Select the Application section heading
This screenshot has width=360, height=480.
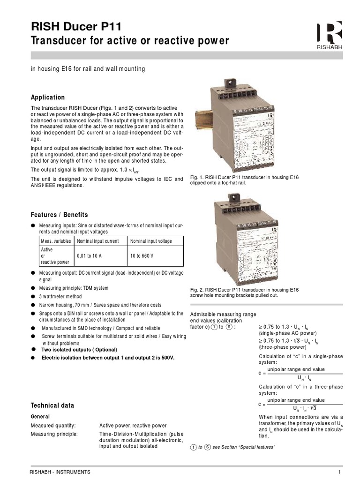tap(48, 97)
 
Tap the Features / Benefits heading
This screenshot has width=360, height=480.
tap(59, 215)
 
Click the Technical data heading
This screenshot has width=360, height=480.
tap(52, 405)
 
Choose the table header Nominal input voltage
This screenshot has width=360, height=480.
tap(151, 241)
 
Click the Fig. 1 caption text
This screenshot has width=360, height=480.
tap(244, 180)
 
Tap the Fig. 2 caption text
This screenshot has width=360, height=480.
tap(244, 293)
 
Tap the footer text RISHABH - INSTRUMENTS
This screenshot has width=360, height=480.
tap(60, 472)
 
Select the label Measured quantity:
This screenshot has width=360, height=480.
tap(53, 426)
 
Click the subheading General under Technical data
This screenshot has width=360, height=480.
tap(40, 416)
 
